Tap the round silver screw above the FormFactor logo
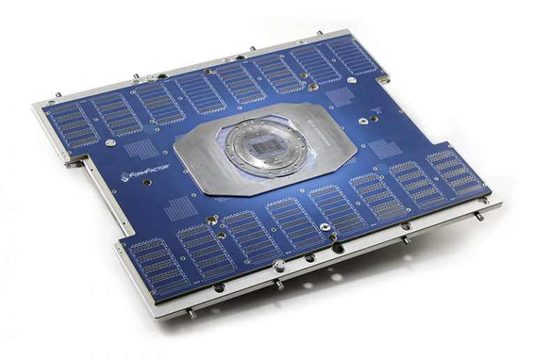(x=110, y=143)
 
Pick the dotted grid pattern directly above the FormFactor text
(x=142, y=149)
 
